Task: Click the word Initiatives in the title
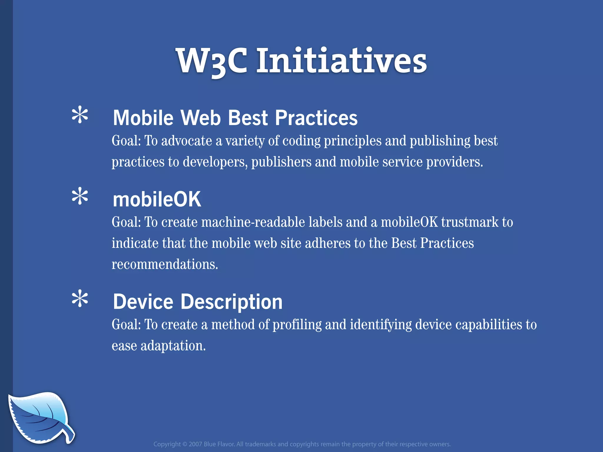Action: click(x=342, y=61)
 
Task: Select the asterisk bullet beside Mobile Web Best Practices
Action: click(x=80, y=115)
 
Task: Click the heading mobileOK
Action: click(x=157, y=200)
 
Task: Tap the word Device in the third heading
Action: click(x=143, y=302)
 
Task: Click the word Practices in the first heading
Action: click(x=316, y=118)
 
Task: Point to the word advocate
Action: click(x=187, y=141)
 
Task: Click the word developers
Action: click(x=215, y=162)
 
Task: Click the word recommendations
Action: click(x=165, y=264)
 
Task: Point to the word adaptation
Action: click(x=173, y=346)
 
